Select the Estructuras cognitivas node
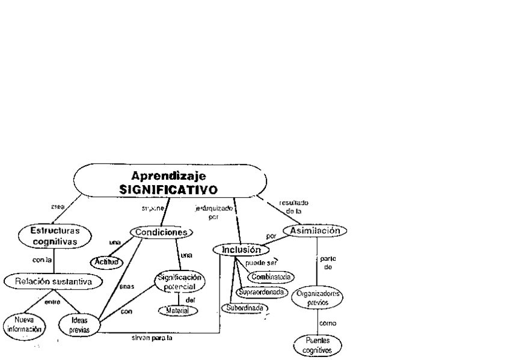tap(55, 235)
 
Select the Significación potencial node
tap(179, 281)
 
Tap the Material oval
tap(177, 311)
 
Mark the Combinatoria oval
tap(271, 277)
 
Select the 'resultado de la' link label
tap(295, 208)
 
